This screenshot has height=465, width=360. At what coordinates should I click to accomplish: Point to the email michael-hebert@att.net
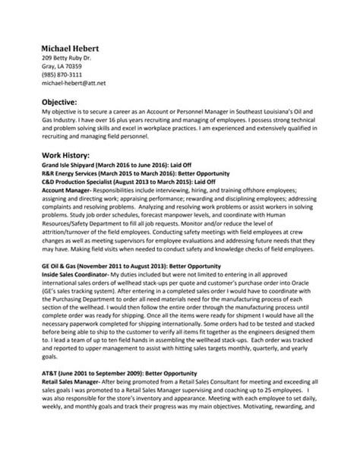coord(73,84)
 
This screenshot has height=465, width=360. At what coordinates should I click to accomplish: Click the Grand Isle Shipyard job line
coord(111,164)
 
